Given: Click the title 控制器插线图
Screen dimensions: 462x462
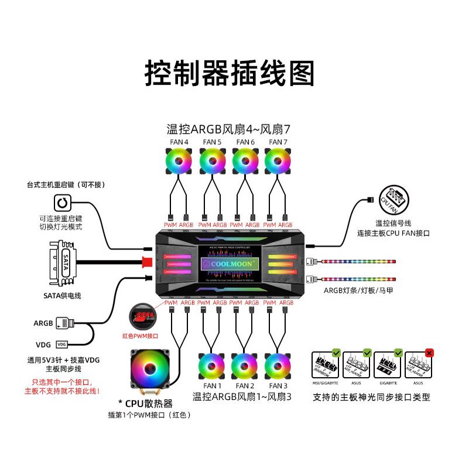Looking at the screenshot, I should [x=230, y=74].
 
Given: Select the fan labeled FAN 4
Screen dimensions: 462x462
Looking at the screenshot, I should [x=179, y=160].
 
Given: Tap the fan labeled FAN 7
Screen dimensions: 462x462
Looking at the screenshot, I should [x=278, y=160].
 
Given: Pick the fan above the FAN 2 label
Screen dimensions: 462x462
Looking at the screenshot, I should [x=244, y=366].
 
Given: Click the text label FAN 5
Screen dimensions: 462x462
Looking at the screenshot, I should [x=211, y=142].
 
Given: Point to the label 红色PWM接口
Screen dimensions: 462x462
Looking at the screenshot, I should [x=141, y=336].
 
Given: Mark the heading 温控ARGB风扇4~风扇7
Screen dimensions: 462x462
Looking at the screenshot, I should [x=228, y=129].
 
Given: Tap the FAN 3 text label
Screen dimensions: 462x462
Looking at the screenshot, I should [x=278, y=386].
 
